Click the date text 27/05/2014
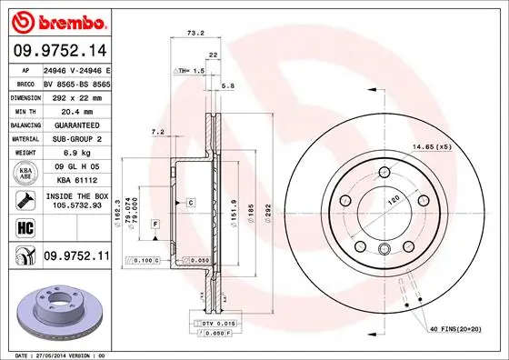(x=53, y=354)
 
